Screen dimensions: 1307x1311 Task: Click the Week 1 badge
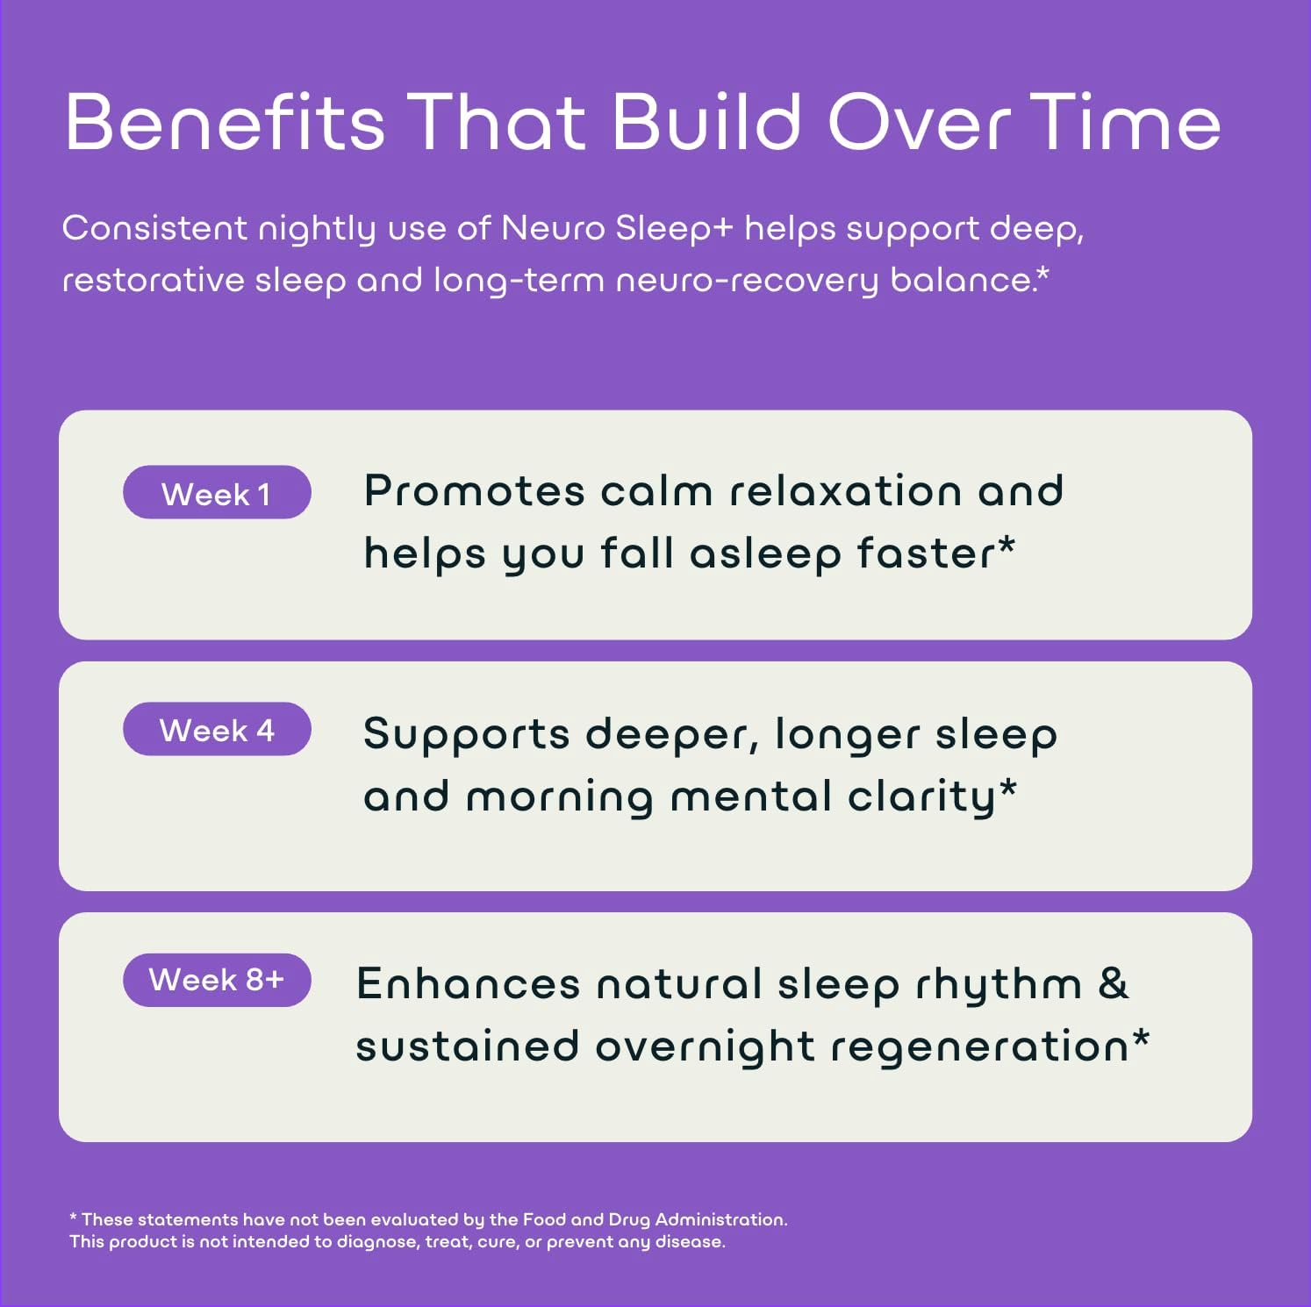click(x=217, y=493)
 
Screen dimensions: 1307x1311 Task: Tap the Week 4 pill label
click(x=217, y=730)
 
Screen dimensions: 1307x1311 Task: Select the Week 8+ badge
click(x=217, y=980)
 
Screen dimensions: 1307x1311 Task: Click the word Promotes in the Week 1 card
click(x=474, y=490)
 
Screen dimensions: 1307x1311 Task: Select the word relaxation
click(x=846, y=490)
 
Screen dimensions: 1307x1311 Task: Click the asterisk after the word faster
click(x=1007, y=546)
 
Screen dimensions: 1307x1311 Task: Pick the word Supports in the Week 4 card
click(x=466, y=734)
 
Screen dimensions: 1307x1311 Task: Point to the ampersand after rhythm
click(x=1113, y=983)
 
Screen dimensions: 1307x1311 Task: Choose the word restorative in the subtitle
click(x=153, y=281)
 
